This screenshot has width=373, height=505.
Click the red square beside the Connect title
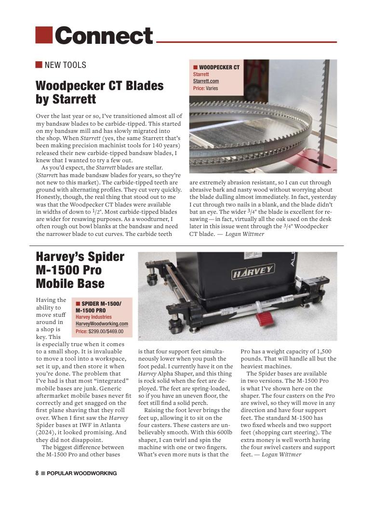[44, 34]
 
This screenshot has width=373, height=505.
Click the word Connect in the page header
[104, 36]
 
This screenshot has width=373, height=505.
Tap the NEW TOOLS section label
[65, 65]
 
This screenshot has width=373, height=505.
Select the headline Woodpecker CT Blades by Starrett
[99, 92]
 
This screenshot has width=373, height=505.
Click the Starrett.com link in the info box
[206, 81]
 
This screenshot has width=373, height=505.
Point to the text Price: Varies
[205, 88]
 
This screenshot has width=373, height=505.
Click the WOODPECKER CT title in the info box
[219, 67]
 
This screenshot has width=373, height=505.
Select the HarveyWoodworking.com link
[102, 324]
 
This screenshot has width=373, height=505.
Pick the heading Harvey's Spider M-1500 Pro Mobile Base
[80, 270]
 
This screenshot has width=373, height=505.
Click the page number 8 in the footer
[37, 473]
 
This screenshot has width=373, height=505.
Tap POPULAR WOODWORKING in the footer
[81, 473]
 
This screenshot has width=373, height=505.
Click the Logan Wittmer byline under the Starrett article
[245, 234]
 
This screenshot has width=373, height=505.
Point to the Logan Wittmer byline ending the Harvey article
[281, 454]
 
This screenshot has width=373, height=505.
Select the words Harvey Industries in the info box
[93, 317]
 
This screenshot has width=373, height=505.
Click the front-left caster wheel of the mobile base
[175, 328]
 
